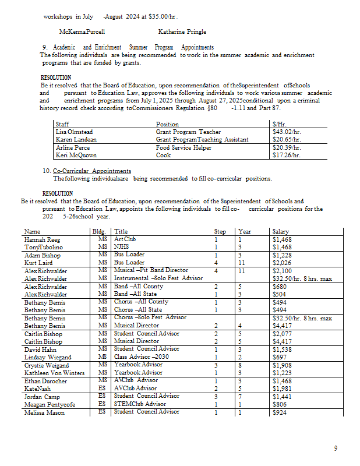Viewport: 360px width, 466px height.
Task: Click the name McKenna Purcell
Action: click(x=82, y=31)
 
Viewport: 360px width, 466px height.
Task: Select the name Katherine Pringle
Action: click(x=182, y=31)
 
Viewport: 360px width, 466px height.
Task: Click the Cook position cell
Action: click(x=164, y=156)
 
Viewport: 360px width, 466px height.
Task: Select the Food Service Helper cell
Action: click(x=183, y=148)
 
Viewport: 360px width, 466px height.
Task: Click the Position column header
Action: click(x=168, y=125)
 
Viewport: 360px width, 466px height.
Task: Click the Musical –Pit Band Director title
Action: click(x=151, y=270)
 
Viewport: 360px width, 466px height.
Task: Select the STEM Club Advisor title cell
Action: click(x=140, y=404)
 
